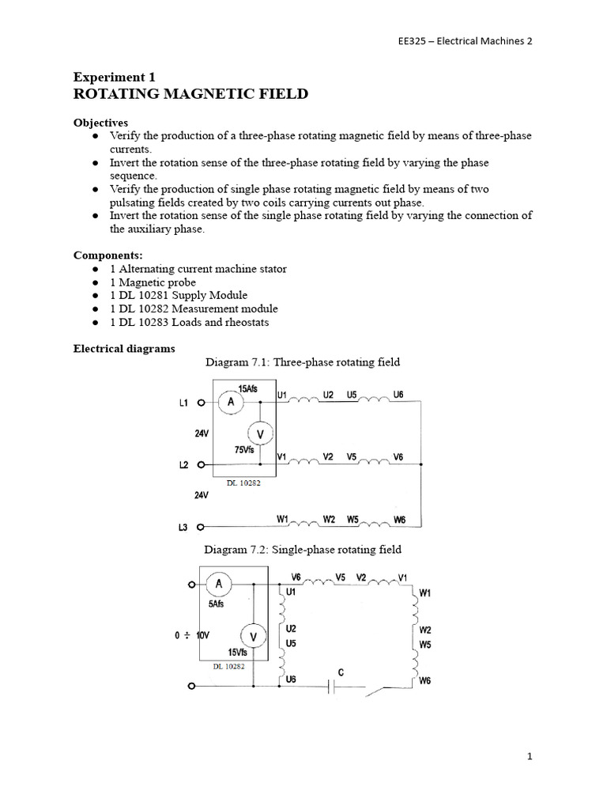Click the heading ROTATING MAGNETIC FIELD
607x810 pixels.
point(190,94)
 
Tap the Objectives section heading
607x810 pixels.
point(100,124)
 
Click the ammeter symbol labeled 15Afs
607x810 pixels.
point(231,403)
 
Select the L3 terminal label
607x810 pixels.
point(183,527)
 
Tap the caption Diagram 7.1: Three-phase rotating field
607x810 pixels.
point(303,362)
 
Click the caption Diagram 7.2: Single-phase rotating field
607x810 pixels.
point(303,549)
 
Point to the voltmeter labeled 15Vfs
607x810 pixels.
point(253,634)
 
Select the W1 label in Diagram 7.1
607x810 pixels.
point(282,519)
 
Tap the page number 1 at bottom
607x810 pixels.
point(530,756)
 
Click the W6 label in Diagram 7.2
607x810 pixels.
point(424,680)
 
